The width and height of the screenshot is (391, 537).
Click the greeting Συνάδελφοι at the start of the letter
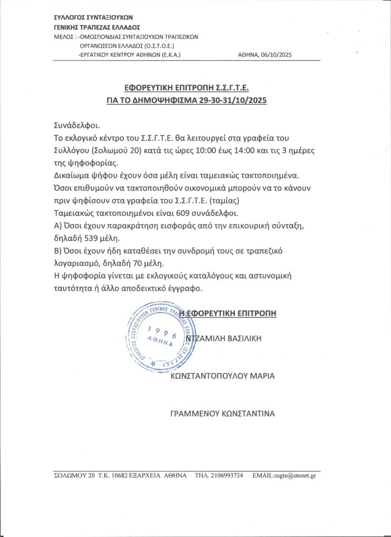(76, 126)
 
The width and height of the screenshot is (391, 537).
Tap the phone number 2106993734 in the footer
(227, 476)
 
